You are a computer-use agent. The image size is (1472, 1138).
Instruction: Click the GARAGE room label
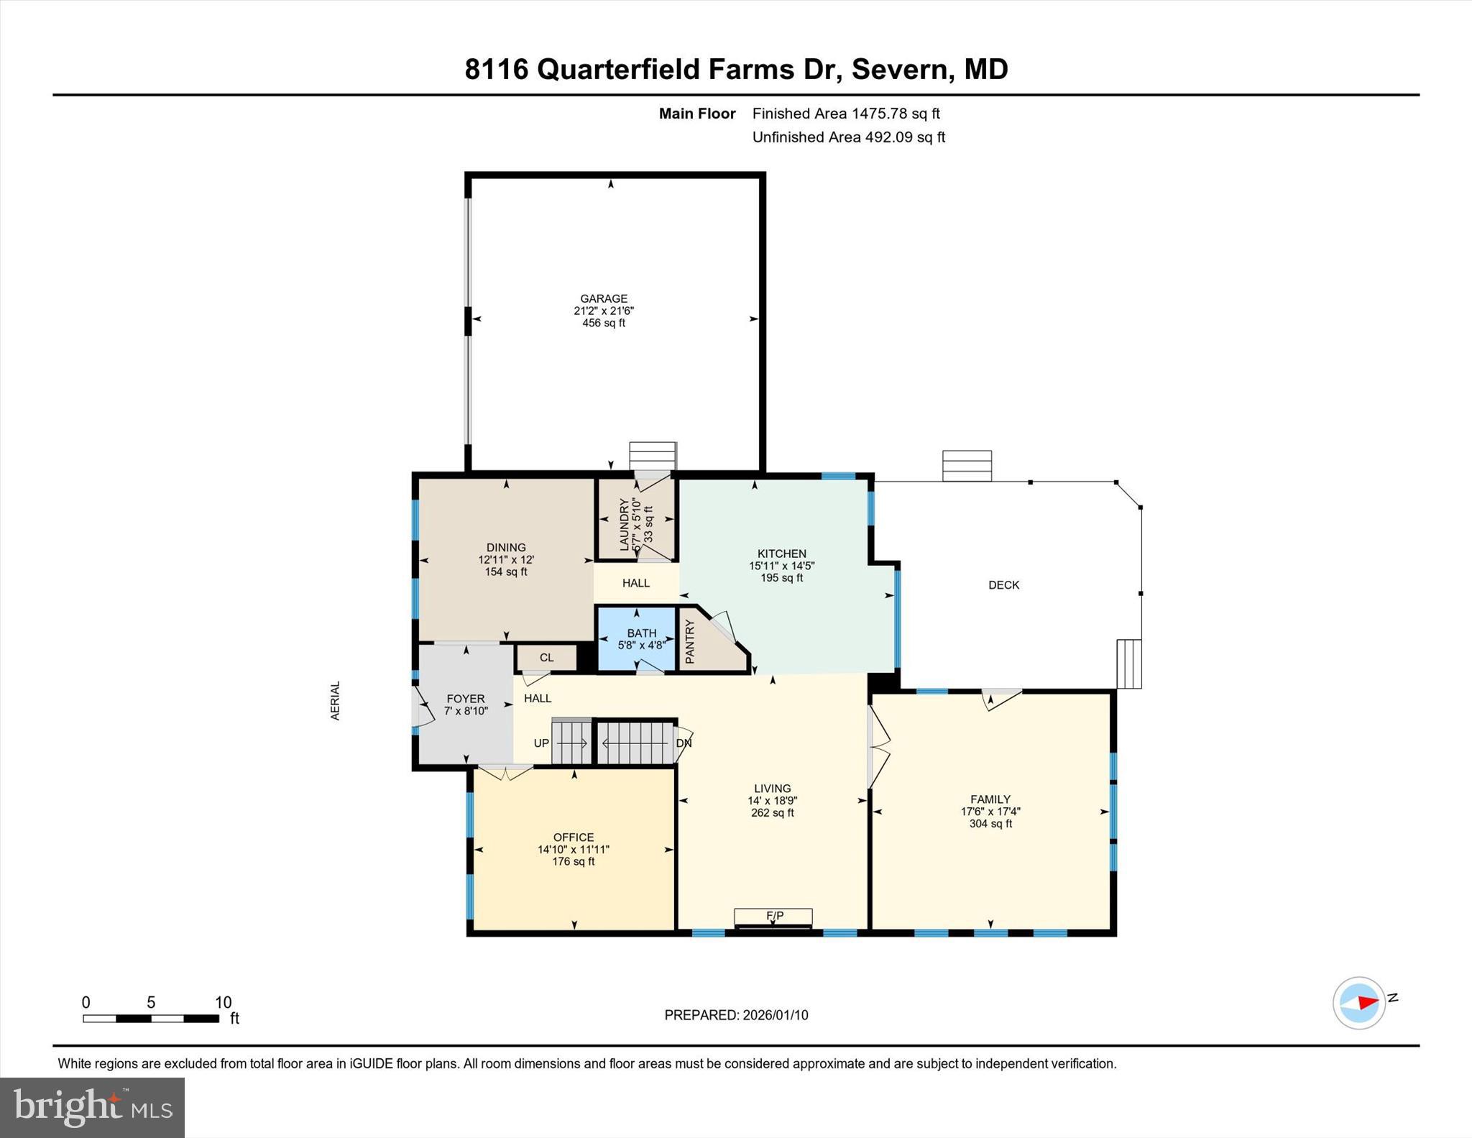tap(604, 298)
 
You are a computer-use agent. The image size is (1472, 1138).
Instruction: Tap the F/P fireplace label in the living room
tap(774, 916)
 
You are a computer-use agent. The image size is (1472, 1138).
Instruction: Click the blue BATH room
tap(638, 638)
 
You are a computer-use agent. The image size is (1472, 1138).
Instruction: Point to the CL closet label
tap(546, 657)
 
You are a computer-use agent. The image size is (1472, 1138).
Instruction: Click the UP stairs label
tap(541, 743)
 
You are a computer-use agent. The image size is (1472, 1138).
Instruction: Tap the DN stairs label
tap(684, 743)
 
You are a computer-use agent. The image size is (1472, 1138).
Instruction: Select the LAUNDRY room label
tap(624, 524)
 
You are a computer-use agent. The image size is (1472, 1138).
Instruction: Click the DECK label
tap(1003, 584)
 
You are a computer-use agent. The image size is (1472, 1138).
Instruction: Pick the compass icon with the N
tap(1359, 1003)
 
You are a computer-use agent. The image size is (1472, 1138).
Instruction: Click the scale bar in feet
tap(151, 1018)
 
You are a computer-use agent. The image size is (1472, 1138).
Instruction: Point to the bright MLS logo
tap(92, 1107)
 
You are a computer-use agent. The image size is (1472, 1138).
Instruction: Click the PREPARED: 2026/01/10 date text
tap(736, 1015)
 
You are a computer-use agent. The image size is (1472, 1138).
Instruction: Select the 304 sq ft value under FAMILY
tap(990, 824)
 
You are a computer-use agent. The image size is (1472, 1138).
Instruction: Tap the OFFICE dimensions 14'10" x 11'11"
tap(573, 849)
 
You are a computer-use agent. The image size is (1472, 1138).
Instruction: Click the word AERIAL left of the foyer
tap(335, 700)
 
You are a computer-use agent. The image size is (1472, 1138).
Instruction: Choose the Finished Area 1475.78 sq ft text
tap(846, 114)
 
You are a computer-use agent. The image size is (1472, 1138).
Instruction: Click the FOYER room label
tap(465, 698)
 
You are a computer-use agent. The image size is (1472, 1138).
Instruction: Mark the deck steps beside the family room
tap(1128, 664)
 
